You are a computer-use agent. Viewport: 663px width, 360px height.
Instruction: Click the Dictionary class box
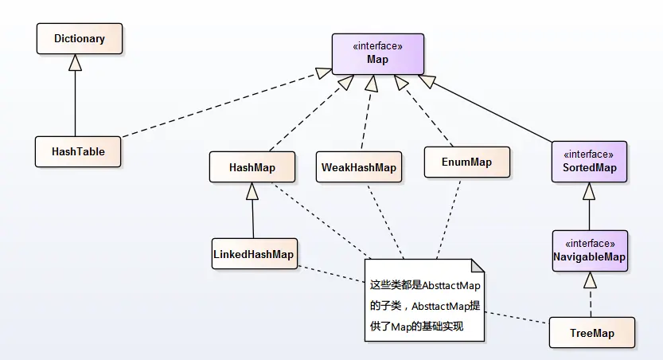(x=79, y=38)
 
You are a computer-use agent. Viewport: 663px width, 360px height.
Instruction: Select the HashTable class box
(x=78, y=151)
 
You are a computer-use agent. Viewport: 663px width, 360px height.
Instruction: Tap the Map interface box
(x=377, y=53)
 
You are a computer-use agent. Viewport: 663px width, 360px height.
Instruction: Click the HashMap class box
(x=252, y=167)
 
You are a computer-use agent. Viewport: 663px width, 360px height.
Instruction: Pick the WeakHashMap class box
(x=358, y=167)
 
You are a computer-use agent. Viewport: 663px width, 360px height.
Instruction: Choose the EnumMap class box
(x=467, y=162)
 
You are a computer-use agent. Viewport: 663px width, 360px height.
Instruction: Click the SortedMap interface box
(x=589, y=162)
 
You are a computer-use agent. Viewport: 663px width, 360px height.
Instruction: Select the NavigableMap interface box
(x=590, y=251)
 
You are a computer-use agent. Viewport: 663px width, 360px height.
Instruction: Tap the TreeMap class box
(x=592, y=333)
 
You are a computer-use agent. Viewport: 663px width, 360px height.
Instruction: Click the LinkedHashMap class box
(x=253, y=254)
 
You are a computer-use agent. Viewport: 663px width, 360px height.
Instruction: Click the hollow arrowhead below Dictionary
(x=76, y=63)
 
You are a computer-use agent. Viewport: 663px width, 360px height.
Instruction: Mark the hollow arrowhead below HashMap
(x=252, y=191)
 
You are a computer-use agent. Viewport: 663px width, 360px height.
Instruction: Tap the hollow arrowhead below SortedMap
(x=589, y=191)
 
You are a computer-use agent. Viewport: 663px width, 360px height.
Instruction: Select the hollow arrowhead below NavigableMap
(x=590, y=280)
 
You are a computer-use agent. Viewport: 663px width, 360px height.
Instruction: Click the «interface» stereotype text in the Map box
(x=377, y=46)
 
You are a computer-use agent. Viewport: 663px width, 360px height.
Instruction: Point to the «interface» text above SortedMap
(x=589, y=154)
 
